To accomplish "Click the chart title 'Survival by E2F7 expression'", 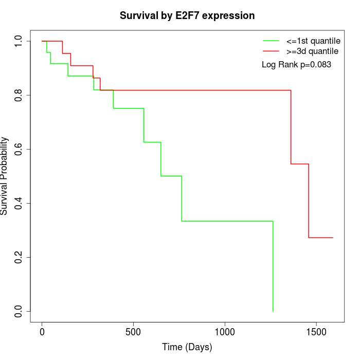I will (187, 15).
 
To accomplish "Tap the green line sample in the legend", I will (271, 41).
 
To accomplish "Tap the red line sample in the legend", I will (271, 51).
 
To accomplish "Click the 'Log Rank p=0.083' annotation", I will (296, 64).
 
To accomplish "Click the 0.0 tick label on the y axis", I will (19, 311).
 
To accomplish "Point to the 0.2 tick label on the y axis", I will (19, 257).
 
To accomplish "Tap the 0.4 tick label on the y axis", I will (19, 203).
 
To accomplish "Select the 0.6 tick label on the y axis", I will (19, 149).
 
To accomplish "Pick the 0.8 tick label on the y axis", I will (19, 95).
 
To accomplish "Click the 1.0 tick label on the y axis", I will (19, 41).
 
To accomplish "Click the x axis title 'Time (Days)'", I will (187, 348).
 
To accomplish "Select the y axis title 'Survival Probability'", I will (5, 176).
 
